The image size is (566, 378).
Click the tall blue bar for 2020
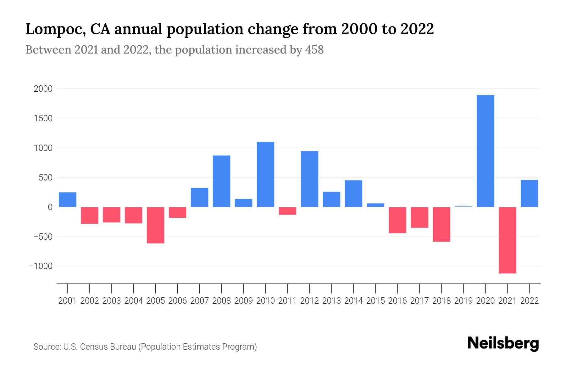coord(485,151)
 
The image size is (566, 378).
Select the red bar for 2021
coord(507,240)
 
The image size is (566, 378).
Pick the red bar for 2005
coord(155,225)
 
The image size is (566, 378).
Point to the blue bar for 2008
coord(221,181)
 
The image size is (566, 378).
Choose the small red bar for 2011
coord(287,211)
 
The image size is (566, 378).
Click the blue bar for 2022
coord(529,193)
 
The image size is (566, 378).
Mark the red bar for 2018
coord(441,224)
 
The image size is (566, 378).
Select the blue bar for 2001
coord(68,199)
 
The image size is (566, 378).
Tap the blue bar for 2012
coord(309,179)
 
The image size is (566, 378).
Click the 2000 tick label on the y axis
coord(43,89)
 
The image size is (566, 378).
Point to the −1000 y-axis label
coord(41,266)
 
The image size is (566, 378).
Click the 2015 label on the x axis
coord(375,301)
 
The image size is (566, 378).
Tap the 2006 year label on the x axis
coord(177,301)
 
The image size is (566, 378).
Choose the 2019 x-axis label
coord(463,301)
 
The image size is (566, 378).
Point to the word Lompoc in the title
coord(55,29)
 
